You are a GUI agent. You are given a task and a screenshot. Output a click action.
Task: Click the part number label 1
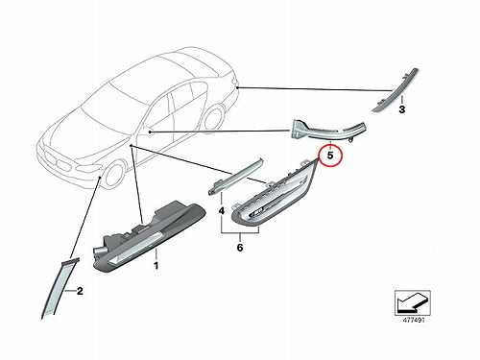point(156,266)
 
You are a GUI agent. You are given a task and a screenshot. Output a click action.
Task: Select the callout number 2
point(80,291)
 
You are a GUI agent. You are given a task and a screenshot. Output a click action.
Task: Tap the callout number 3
point(402,109)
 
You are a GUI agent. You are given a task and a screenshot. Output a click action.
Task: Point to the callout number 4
point(222,211)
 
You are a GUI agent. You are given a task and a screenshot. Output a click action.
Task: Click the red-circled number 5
point(330,156)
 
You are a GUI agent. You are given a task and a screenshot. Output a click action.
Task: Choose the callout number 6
point(240,248)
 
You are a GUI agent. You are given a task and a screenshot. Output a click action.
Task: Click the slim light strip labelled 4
point(235,176)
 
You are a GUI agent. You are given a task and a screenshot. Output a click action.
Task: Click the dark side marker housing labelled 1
point(149,236)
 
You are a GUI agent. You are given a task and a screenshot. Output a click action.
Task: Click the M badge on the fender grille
point(256,211)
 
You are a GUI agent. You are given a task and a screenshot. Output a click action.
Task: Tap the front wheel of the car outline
point(114,176)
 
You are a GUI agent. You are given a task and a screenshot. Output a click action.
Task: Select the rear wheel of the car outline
point(214,119)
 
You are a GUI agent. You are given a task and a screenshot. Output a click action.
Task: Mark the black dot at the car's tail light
point(237,87)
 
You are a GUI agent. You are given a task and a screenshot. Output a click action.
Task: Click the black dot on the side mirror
point(151,132)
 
